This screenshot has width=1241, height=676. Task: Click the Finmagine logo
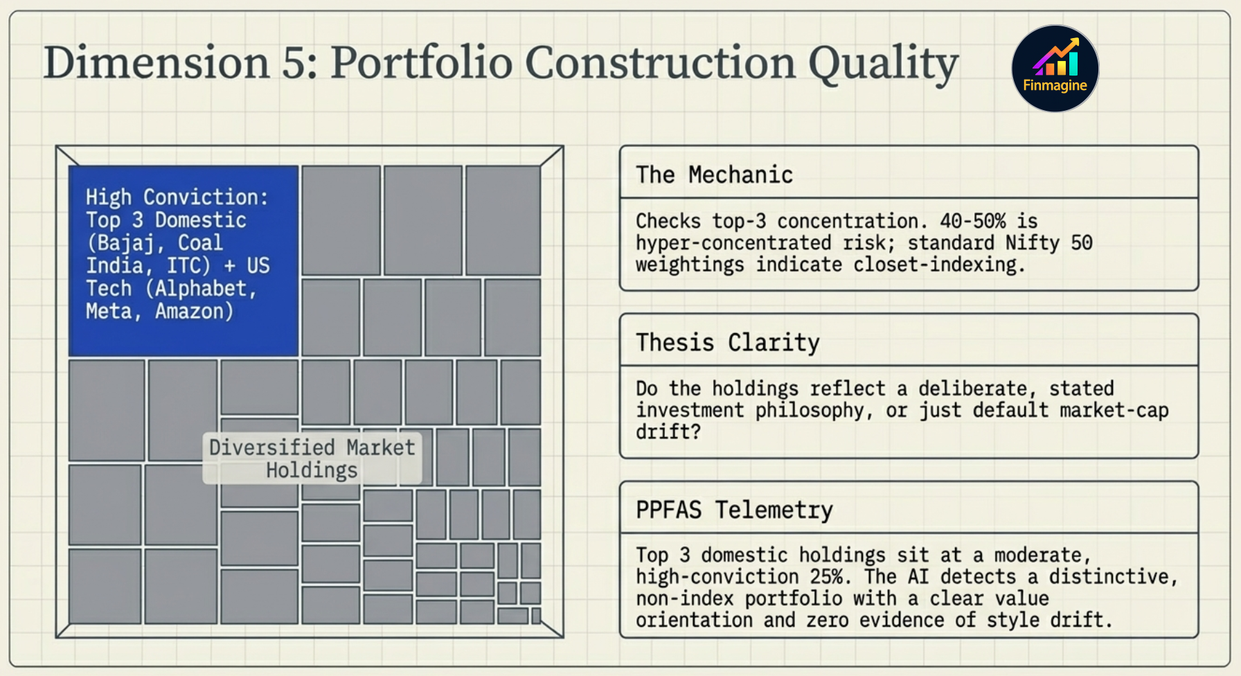(1055, 69)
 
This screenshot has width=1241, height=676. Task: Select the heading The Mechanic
(714, 175)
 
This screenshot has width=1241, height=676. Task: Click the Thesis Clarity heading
(727, 342)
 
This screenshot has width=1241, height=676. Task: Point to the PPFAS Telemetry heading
(734, 510)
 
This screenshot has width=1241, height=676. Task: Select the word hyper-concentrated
(733, 243)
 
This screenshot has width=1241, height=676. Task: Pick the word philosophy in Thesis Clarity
(810, 410)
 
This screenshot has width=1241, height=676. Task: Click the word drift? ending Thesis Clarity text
(668, 432)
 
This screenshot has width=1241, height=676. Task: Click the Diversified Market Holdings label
(312, 459)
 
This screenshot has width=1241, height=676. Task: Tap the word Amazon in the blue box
(193, 312)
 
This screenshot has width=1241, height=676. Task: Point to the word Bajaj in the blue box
(125, 243)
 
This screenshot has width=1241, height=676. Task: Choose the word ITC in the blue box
(186, 266)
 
